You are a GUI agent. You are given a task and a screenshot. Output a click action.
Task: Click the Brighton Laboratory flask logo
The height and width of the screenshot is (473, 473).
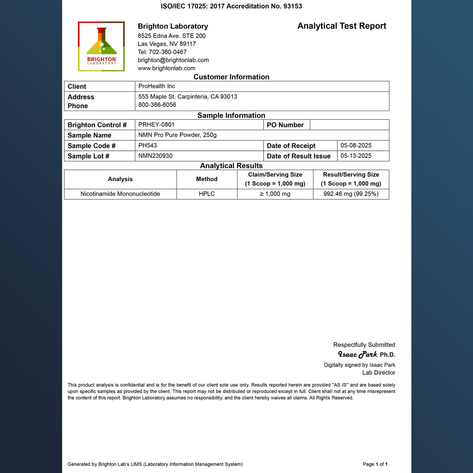click(101, 46)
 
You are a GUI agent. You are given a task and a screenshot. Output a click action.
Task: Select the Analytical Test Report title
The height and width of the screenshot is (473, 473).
click(341, 26)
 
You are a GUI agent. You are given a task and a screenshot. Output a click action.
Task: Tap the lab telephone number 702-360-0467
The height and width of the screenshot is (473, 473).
click(168, 52)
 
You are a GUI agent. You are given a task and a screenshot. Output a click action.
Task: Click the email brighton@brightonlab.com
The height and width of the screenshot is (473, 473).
click(173, 60)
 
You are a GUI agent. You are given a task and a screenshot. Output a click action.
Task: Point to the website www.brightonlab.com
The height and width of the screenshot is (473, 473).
click(166, 68)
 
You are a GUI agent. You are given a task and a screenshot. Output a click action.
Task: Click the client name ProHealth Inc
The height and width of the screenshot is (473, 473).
click(156, 86)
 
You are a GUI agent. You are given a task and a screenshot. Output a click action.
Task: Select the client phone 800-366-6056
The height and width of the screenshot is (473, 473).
click(157, 105)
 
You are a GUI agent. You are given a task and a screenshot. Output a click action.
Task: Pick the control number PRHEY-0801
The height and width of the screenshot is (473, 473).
click(156, 125)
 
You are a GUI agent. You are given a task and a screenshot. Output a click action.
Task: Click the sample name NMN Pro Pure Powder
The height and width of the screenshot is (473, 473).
click(177, 135)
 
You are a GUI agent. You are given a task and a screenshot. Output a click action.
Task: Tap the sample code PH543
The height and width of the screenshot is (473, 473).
click(147, 145)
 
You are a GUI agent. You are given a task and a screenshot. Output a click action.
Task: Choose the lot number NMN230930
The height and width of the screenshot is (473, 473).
click(155, 156)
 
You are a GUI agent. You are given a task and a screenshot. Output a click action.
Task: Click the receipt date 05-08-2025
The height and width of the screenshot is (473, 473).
click(356, 145)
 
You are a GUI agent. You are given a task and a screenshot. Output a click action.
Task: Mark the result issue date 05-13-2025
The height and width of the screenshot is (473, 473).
click(356, 156)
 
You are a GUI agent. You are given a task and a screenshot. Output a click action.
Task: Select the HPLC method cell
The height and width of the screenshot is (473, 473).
click(207, 194)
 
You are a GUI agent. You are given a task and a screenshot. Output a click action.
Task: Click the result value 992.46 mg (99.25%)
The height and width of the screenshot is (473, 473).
click(351, 194)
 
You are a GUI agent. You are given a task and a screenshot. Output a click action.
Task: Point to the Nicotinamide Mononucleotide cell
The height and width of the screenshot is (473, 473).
click(120, 194)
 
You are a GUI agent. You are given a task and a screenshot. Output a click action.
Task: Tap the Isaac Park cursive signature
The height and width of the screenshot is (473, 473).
click(357, 355)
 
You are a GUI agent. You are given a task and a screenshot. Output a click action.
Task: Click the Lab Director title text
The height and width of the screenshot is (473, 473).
click(378, 373)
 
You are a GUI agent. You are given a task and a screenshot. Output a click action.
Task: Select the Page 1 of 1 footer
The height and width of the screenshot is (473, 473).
click(375, 464)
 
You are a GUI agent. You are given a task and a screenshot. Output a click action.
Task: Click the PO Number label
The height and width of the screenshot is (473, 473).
click(285, 125)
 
